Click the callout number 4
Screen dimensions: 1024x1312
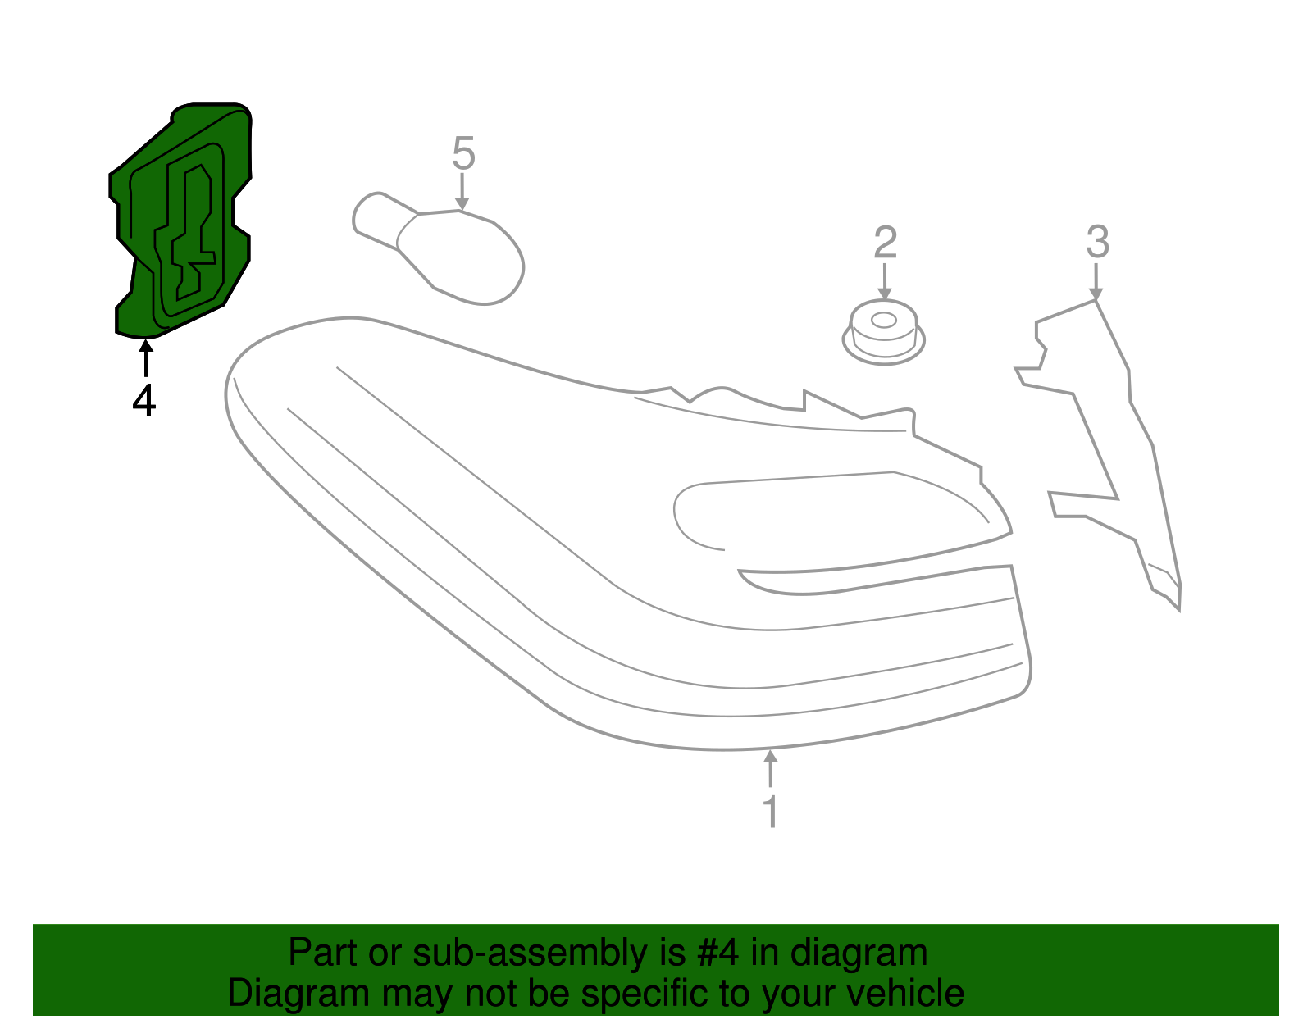click(x=143, y=401)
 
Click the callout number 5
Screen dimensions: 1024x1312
click(x=463, y=153)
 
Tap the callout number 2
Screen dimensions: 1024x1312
click(x=885, y=243)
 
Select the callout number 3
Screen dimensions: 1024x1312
click(x=1097, y=242)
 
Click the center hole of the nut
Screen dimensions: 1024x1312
click(x=883, y=320)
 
